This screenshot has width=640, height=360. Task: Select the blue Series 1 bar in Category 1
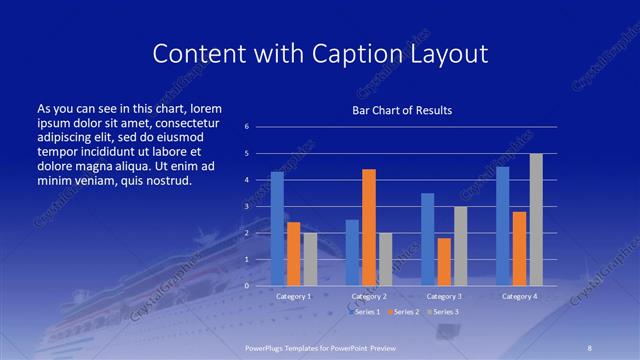pyautogui.click(x=277, y=228)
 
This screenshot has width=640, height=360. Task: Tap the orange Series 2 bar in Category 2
pyautogui.click(x=369, y=227)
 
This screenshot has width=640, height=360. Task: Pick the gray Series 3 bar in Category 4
pyautogui.click(x=536, y=219)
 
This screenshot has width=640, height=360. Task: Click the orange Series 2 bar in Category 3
pyautogui.click(x=444, y=261)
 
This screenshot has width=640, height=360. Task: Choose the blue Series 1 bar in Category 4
pyautogui.click(x=503, y=226)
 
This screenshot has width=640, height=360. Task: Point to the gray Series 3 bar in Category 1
pyautogui.click(x=310, y=259)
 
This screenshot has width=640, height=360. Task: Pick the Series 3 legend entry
pyautogui.click(x=443, y=312)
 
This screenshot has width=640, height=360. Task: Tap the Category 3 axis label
pyautogui.click(x=444, y=296)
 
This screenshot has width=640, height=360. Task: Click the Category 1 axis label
pyautogui.click(x=294, y=296)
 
